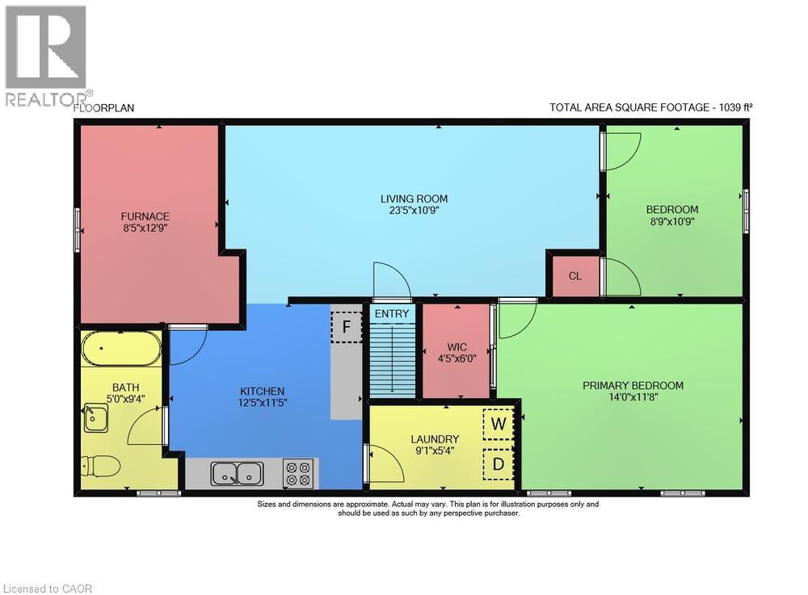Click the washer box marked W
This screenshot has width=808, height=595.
point(499,424)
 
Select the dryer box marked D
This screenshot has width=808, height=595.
point(499,464)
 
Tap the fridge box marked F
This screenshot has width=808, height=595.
point(347,327)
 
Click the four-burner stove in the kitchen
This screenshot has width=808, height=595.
point(298,474)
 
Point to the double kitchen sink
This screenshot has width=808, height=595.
point(237,474)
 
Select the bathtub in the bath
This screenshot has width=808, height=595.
point(122,349)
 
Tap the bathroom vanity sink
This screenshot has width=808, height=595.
point(96,417)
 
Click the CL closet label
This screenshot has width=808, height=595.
point(575,276)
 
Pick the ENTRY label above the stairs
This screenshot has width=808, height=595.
point(392,313)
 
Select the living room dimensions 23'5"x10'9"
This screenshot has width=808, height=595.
point(414,210)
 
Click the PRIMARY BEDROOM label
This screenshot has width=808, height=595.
point(633,386)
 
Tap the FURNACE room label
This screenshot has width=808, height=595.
point(145,216)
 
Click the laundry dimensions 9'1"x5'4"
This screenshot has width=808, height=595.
point(435,450)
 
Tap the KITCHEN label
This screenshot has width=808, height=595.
point(263,392)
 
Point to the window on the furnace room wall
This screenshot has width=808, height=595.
point(78,229)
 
